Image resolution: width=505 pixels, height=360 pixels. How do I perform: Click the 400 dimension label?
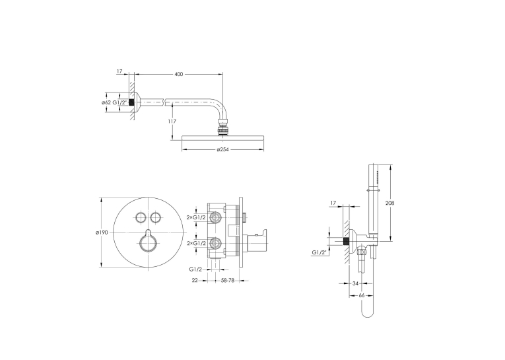point(178,74)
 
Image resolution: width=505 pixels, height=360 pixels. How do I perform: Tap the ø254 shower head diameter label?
point(223,149)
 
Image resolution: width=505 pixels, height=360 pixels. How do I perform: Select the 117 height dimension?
point(172,122)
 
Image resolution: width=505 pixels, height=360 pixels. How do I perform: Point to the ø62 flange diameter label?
point(106,102)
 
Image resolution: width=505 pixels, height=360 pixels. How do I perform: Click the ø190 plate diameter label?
point(102,233)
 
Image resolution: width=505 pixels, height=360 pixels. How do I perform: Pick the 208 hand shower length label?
point(390,203)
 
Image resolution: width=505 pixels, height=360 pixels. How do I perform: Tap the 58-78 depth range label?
point(227,280)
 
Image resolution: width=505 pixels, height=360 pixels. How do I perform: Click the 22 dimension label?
point(195,280)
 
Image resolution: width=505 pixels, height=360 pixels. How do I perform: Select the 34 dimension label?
point(355,283)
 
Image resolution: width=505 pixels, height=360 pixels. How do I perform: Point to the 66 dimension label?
point(361,295)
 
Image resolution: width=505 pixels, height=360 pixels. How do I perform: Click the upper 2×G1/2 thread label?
point(196,217)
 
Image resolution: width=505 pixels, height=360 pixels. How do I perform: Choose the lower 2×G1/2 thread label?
point(196,243)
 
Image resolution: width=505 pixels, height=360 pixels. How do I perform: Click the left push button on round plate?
point(141,217)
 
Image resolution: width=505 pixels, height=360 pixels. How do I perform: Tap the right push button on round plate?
point(156,217)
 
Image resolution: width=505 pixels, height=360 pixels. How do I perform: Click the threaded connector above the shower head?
point(223,127)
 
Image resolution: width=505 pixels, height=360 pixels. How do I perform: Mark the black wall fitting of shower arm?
point(131,102)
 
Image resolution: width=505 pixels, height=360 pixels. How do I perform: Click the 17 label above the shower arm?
point(119,71)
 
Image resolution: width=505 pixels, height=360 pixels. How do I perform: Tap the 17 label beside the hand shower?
point(333,203)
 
